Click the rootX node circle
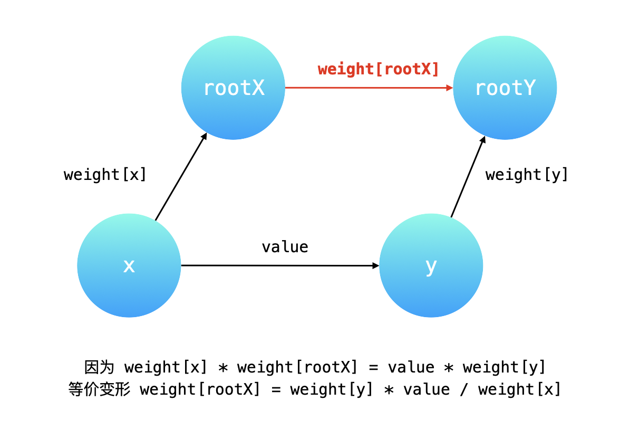click(x=233, y=88)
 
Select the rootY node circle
click(x=505, y=88)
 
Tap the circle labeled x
click(x=129, y=265)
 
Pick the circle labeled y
click(x=431, y=265)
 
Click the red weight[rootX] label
click(x=379, y=69)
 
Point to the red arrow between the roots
click(x=369, y=88)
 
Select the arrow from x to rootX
click(x=180, y=176)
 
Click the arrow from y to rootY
click(x=468, y=176)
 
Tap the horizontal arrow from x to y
click(x=279, y=265)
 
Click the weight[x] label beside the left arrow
click(x=105, y=175)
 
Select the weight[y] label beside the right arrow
click(x=527, y=175)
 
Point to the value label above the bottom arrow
click(x=285, y=247)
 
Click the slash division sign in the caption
click(x=464, y=390)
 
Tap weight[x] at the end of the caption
click(x=519, y=390)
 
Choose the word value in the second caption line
click(x=427, y=390)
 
